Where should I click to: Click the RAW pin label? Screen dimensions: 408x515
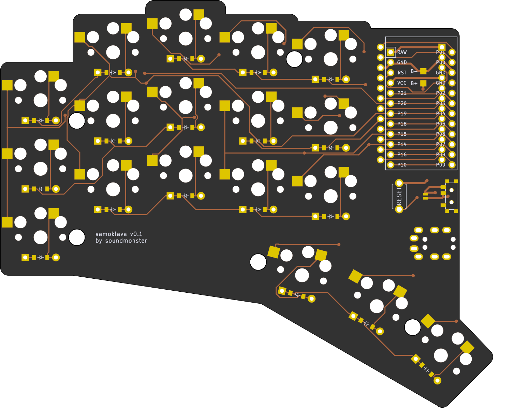point(402,52)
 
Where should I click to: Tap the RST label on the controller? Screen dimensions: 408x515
point(402,73)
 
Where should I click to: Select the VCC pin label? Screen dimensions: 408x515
point(402,83)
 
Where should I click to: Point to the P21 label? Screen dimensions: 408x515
point(402,93)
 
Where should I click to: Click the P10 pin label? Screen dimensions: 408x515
point(402,165)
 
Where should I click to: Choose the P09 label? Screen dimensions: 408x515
point(440,165)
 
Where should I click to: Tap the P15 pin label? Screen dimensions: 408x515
point(402,134)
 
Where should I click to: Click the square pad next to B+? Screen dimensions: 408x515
point(423,83)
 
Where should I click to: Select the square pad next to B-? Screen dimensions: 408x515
point(423,71)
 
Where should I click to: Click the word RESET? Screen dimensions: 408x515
point(399,196)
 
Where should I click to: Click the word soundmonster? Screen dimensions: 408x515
point(126,241)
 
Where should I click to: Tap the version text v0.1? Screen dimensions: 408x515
point(136,234)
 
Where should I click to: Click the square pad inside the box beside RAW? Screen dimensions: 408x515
point(391,52)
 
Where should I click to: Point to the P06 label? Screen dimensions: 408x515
point(440,134)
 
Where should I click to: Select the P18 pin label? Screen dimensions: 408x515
point(402,124)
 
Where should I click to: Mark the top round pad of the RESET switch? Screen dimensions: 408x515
point(399,183)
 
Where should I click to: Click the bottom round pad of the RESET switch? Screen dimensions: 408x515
point(399,209)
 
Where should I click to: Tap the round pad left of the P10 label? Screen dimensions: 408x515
point(391,165)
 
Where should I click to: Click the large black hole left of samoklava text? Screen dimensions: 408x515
point(77,237)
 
